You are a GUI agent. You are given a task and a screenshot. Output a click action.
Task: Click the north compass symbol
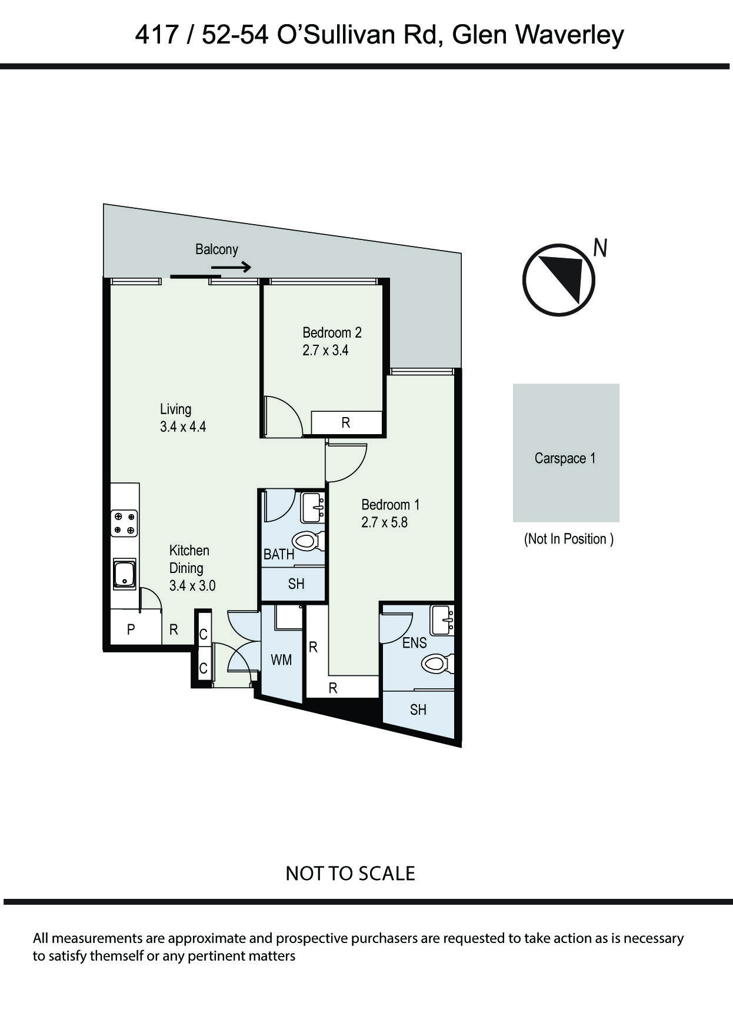(x=559, y=280)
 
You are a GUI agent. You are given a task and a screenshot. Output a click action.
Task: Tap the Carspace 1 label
(x=565, y=458)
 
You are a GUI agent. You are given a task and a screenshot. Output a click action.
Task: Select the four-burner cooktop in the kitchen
(x=124, y=523)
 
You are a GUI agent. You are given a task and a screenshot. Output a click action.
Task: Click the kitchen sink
(x=124, y=574)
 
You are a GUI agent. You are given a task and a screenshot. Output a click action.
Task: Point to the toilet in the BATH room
(x=308, y=541)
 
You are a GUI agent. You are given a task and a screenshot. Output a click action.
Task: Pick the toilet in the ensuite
(x=436, y=664)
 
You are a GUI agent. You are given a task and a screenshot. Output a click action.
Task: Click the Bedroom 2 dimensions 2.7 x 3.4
(x=325, y=351)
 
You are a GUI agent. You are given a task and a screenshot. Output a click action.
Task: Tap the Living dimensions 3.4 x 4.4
(x=183, y=427)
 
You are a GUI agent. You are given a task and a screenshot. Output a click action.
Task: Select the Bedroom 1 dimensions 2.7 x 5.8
(x=384, y=522)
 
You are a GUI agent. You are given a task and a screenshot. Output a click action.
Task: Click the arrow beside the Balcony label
(x=231, y=268)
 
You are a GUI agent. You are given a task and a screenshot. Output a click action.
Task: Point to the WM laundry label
(x=281, y=660)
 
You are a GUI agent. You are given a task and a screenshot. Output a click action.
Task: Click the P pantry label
(x=131, y=629)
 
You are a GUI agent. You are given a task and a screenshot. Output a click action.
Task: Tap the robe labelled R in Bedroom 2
(x=346, y=422)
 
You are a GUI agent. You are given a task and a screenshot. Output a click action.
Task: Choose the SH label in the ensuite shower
(x=418, y=710)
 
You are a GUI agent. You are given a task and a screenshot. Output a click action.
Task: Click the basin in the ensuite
(x=442, y=620)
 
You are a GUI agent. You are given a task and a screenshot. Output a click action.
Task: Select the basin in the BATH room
(x=313, y=507)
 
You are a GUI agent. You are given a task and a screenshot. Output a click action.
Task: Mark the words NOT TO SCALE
(x=350, y=873)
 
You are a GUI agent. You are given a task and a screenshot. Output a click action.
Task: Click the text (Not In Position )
(x=568, y=539)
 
